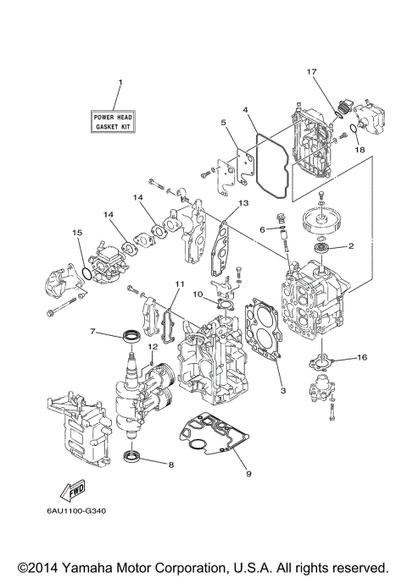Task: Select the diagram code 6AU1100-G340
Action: [77, 510]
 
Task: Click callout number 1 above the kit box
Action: [120, 82]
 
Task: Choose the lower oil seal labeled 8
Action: [132, 460]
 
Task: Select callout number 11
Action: [179, 283]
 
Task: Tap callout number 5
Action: [224, 123]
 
